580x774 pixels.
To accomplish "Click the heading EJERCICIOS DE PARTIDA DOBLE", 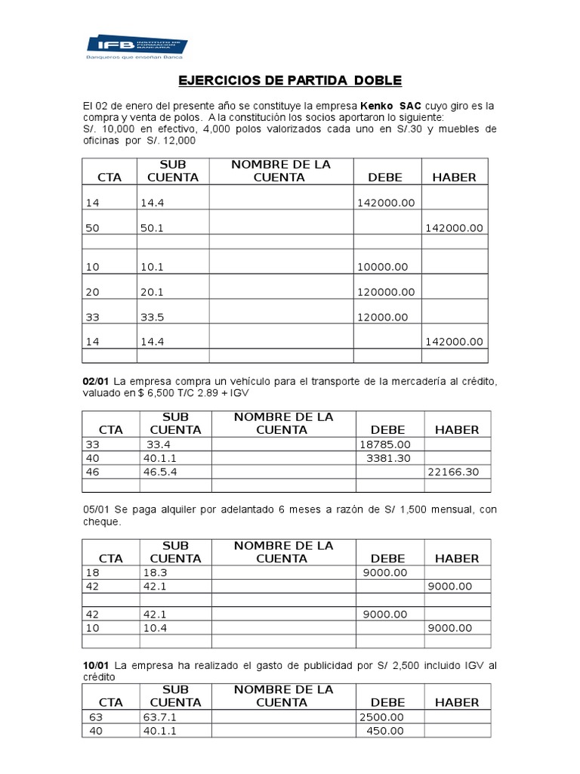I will pyautogui.click(x=291, y=79).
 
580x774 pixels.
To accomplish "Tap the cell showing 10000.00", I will pyautogui.click(x=381, y=267).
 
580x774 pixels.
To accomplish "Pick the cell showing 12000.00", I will pyautogui.click(x=381, y=317).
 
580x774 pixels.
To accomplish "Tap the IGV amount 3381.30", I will pyautogui.click(x=389, y=458).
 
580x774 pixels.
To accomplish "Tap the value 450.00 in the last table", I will pyautogui.click(x=385, y=730).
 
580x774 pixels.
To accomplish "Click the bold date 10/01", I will pyautogui.click(x=97, y=664).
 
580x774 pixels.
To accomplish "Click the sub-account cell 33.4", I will pyautogui.click(x=159, y=446).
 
